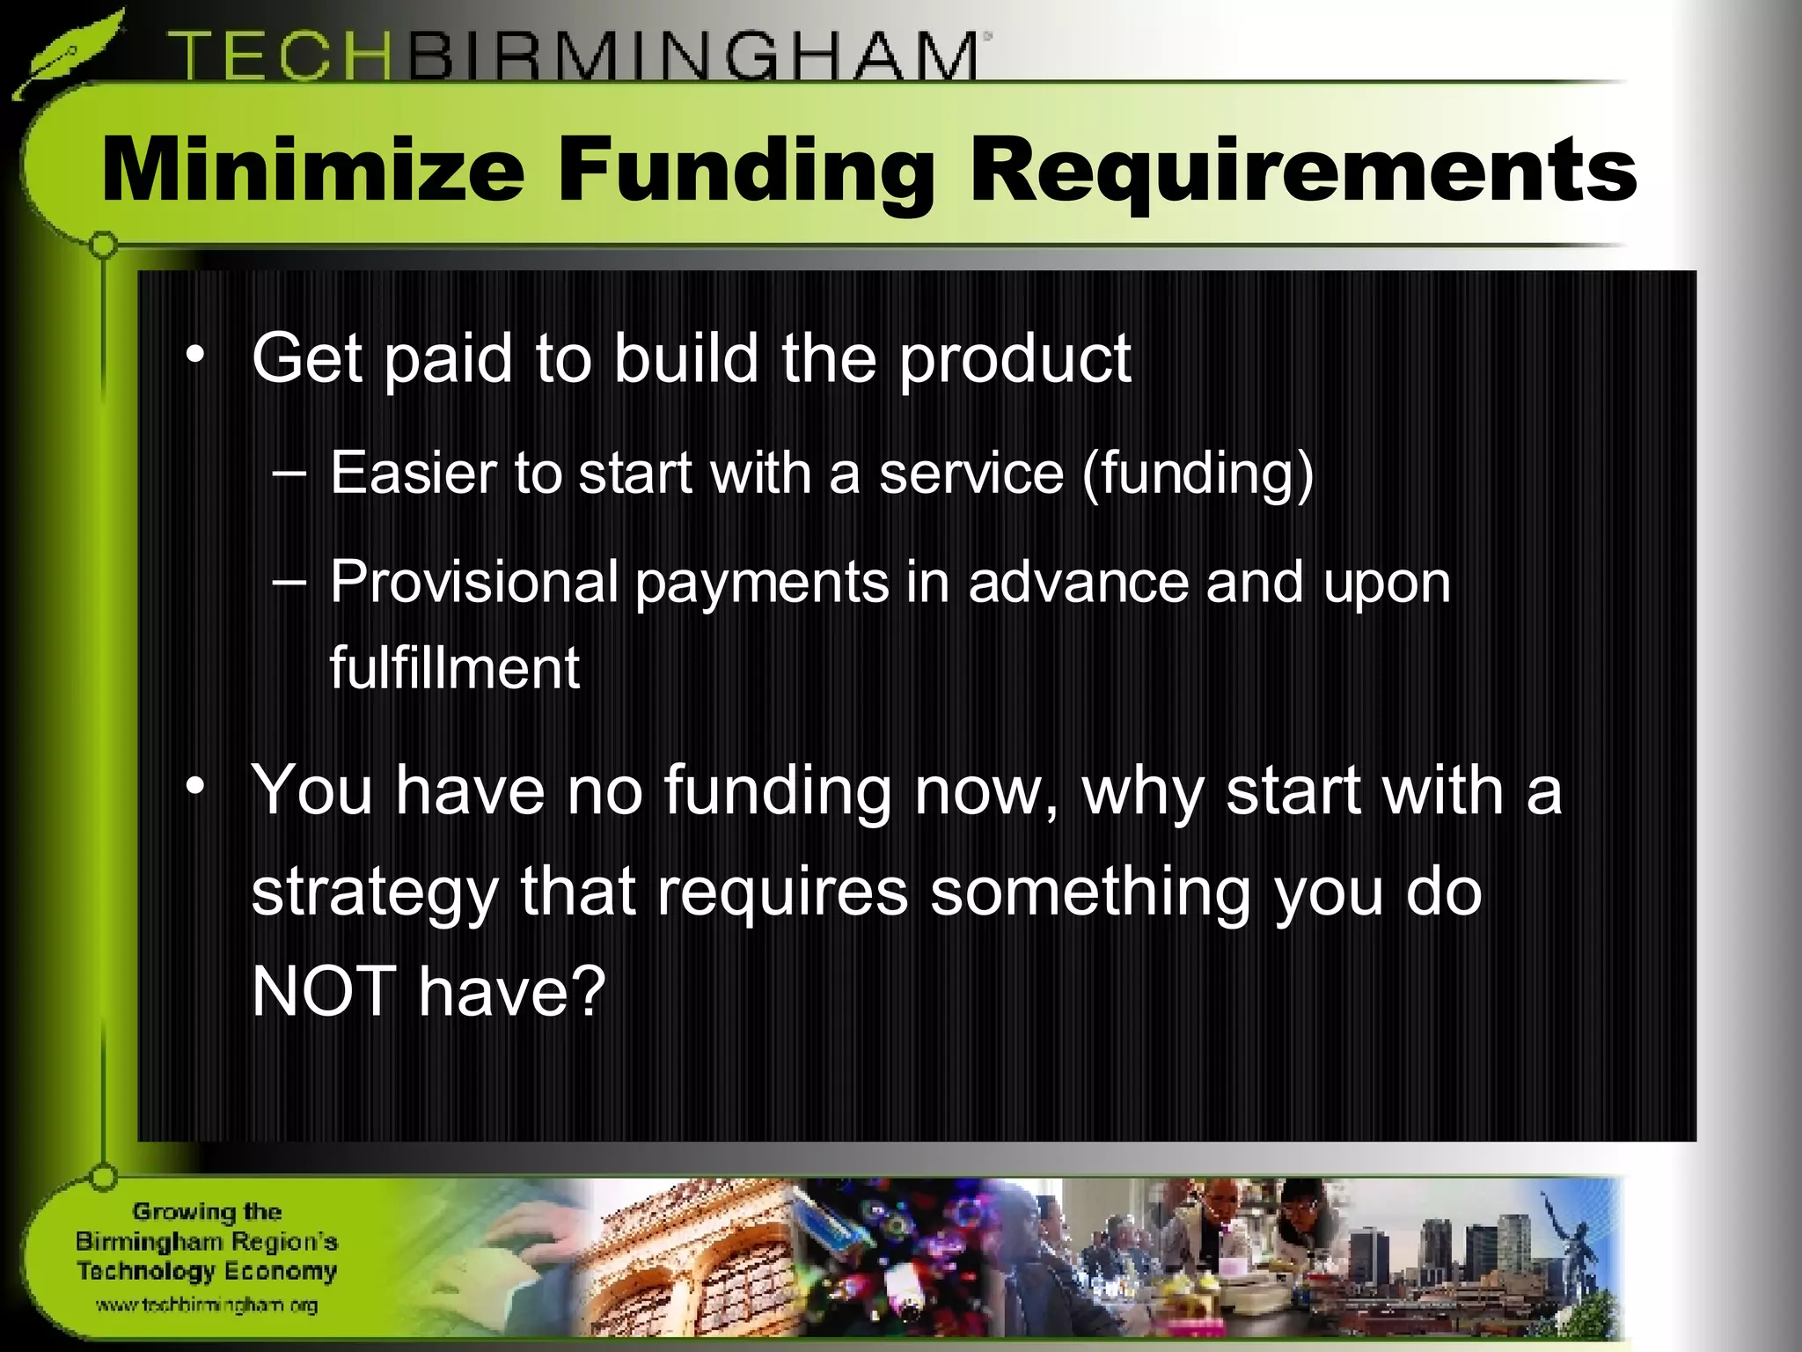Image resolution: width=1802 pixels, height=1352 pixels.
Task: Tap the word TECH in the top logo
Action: (280, 56)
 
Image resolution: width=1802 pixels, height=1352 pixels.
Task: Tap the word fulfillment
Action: (454, 668)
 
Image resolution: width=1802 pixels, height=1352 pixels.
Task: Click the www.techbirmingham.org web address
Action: (206, 1305)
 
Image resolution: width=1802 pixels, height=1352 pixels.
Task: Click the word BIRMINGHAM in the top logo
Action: (691, 56)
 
